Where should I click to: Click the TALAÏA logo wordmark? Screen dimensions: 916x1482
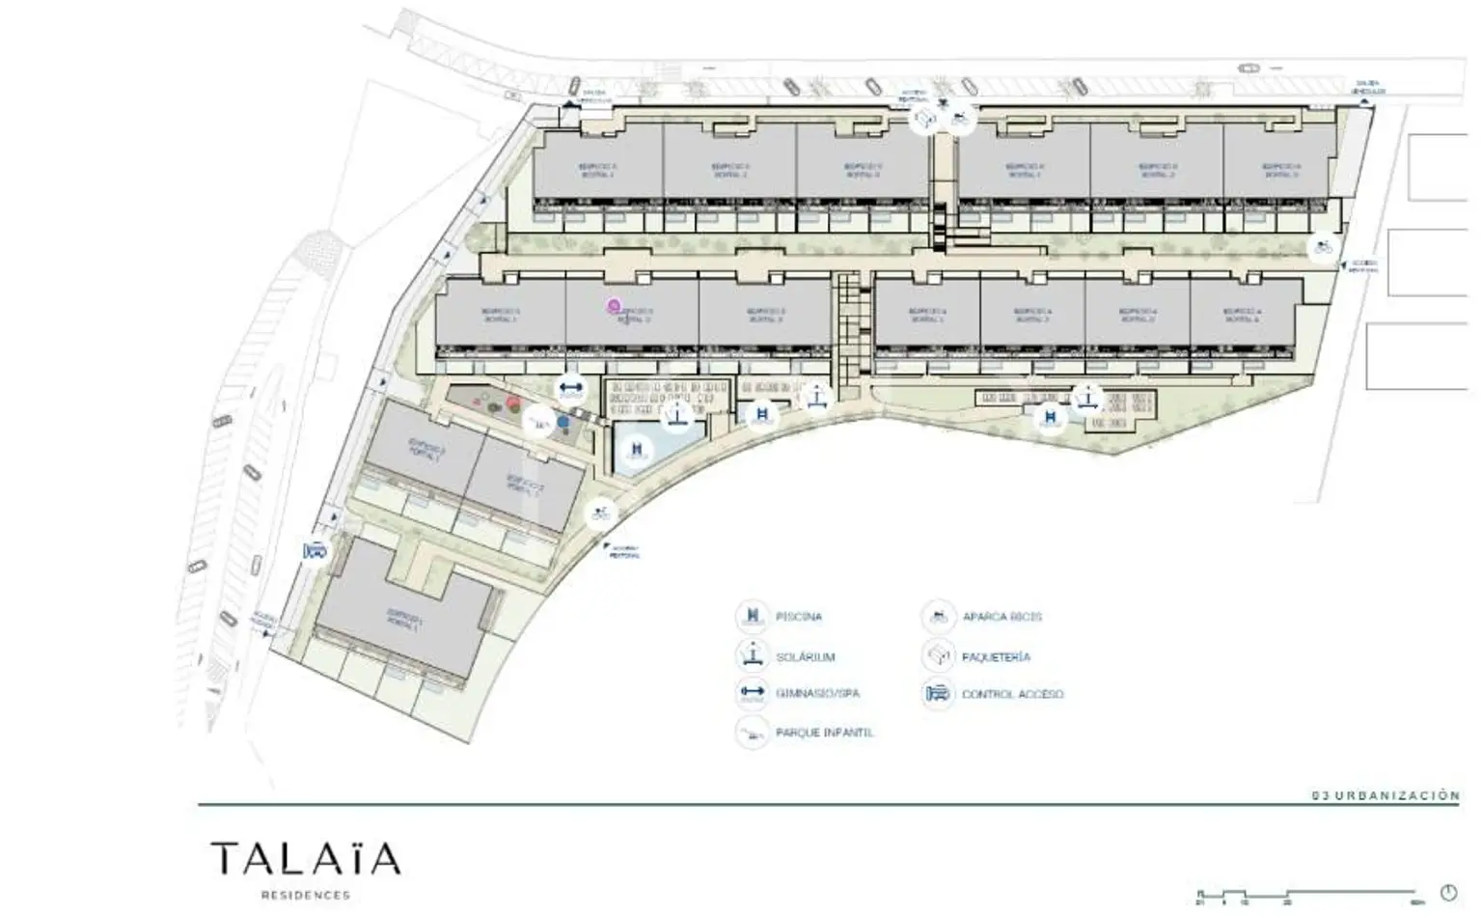tap(305, 858)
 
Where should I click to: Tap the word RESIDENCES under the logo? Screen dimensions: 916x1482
tap(305, 895)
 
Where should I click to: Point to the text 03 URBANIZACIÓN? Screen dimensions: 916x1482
tap(1386, 795)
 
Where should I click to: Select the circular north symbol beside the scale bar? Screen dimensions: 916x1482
tap(1448, 892)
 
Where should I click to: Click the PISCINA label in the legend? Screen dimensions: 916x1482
tap(799, 617)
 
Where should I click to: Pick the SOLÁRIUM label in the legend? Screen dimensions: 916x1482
tap(806, 657)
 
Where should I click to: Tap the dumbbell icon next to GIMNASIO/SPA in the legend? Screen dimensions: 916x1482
tap(751, 693)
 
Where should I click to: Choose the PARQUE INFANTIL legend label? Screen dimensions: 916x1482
tap(825, 733)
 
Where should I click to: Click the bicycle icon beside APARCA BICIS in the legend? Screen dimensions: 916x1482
tap(938, 617)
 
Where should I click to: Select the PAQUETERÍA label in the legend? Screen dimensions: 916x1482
tap(996, 657)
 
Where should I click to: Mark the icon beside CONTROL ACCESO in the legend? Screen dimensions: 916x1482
tap(938, 694)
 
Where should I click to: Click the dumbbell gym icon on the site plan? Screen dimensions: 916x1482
tap(571, 389)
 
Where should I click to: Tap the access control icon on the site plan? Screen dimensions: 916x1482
tap(315, 551)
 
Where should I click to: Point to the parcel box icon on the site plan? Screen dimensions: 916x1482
tap(925, 120)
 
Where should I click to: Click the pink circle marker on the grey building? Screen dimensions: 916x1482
tap(613, 307)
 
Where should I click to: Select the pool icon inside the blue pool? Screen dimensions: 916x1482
tap(636, 450)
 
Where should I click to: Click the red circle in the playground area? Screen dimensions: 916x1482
tap(513, 403)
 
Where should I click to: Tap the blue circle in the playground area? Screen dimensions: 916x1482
tap(563, 422)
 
